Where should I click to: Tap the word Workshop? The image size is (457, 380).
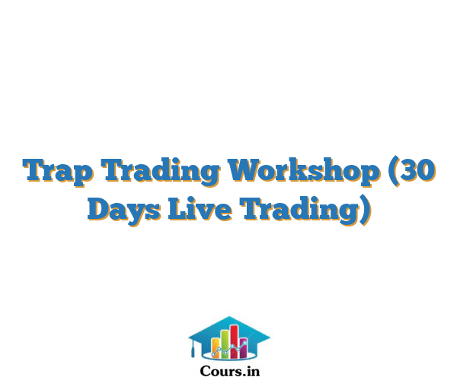(305, 171)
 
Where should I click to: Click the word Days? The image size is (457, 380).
(124, 210)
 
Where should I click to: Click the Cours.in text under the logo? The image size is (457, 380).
(230, 372)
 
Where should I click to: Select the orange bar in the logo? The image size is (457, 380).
(216, 348)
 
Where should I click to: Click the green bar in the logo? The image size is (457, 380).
(225, 344)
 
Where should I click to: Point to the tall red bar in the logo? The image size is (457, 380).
(235, 342)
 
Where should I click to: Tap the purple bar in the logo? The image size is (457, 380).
(244, 348)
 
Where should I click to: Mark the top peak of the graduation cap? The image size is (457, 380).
(229, 317)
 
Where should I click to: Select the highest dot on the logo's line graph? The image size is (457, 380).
(244, 343)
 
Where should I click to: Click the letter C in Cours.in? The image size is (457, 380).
(205, 372)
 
